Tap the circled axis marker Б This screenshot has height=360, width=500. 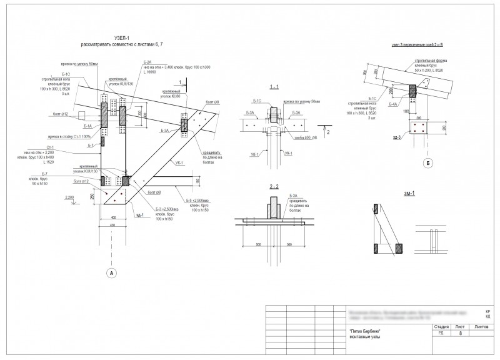[x=427, y=164]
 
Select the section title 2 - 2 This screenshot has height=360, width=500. [x=273, y=187]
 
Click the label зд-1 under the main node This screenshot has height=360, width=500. [x=140, y=216]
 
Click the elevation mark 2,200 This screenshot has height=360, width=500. [x=70, y=197]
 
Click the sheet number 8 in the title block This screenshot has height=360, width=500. [x=460, y=334]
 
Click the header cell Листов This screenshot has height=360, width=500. [x=481, y=327]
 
